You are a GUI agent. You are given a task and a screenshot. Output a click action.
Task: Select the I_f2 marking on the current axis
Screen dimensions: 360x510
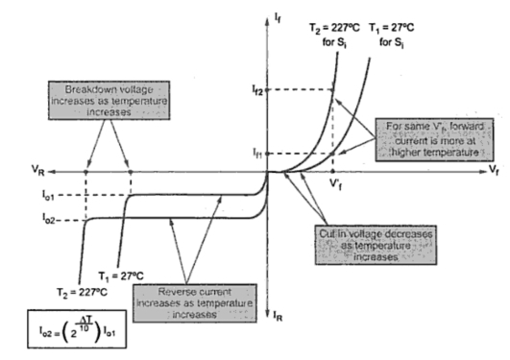tap(254, 88)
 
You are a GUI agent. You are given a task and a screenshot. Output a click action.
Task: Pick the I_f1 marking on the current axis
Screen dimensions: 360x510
tap(254, 153)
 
